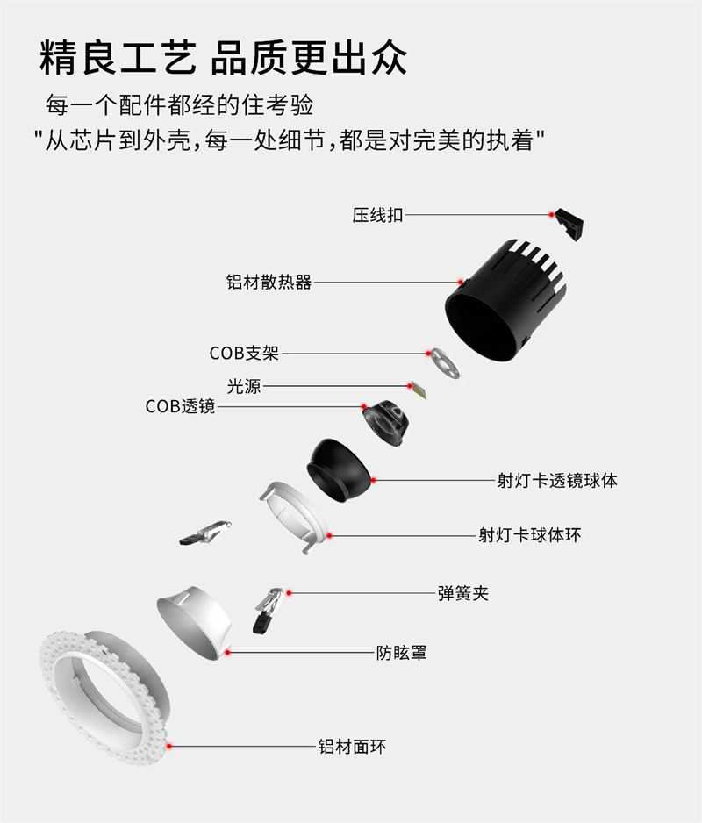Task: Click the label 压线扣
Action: [x=377, y=215]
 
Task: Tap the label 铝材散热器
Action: [x=269, y=282]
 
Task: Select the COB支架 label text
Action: [x=244, y=354]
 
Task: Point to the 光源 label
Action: [x=244, y=386]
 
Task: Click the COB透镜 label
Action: [x=180, y=406]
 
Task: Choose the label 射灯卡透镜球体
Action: [x=557, y=480]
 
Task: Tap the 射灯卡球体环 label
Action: [x=529, y=535]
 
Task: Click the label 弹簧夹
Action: [x=463, y=593]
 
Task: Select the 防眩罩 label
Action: [x=401, y=653]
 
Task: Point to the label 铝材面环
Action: [x=352, y=747]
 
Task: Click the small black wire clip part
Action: [x=569, y=224]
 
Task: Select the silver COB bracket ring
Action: [x=444, y=362]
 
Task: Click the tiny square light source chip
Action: [x=419, y=390]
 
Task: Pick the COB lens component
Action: [x=385, y=423]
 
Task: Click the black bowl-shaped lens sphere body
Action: [x=339, y=469]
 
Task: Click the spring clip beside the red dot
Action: [x=268, y=610]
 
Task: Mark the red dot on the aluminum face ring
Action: [x=169, y=746]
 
